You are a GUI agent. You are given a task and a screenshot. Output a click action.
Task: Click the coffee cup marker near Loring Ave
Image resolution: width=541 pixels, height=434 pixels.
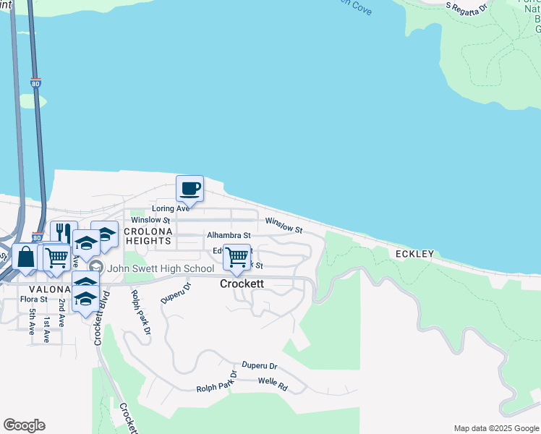(190, 190)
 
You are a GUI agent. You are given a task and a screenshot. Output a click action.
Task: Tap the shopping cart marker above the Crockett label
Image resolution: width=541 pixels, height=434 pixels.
(237, 257)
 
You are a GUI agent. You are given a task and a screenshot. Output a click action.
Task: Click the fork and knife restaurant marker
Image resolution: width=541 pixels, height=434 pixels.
(64, 233)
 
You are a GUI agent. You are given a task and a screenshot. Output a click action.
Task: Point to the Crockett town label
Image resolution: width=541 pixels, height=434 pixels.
(242, 284)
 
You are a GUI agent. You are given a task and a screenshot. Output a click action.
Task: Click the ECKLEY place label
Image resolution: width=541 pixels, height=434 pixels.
(414, 254)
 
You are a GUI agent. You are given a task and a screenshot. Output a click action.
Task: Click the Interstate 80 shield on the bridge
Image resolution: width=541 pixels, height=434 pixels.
(36, 84)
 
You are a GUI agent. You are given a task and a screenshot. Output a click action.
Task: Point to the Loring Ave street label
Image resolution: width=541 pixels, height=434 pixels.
(170, 208)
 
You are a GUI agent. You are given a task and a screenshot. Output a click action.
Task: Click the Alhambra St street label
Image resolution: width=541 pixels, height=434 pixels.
(228, 235)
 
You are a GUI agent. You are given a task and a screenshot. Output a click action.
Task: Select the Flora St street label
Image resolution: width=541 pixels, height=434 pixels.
(33, 299)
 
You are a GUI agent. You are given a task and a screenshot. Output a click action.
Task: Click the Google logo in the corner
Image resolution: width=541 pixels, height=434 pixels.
(24, 425)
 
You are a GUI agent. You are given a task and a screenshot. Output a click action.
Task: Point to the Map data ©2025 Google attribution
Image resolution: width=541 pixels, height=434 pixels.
(495, 428)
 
